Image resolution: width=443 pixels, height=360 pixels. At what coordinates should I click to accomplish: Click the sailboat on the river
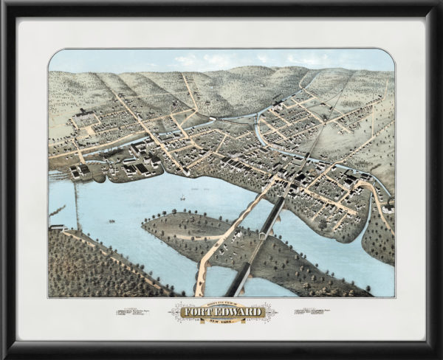182,198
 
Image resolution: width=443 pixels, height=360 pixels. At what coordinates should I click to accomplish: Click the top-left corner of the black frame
4,4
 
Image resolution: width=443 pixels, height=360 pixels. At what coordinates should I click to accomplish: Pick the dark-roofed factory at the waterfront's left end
80,171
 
